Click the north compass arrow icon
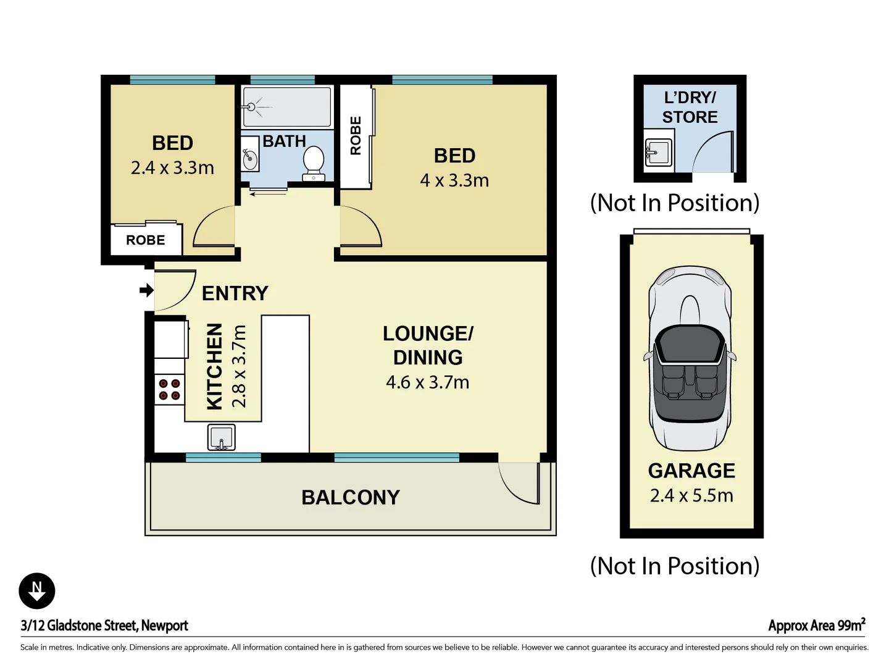coord(37,591)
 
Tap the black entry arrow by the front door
coord(146,290)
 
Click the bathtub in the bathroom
coord(287,107)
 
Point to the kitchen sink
coord(221,437)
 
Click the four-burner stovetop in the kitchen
coord(169,390)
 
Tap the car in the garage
coord(690,358)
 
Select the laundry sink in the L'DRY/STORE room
coord(658,151)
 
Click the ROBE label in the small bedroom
coord(146,240)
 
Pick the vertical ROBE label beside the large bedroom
coord(356,136)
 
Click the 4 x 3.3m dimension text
coord(454,180)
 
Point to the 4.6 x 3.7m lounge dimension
coord(427,382)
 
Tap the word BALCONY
coord(351,497)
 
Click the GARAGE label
coord(691,471)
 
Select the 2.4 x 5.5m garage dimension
coord(691,495)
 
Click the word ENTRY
coord(235,293)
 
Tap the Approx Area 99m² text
coord(816,625)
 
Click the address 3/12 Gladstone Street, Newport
coord(104,625)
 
